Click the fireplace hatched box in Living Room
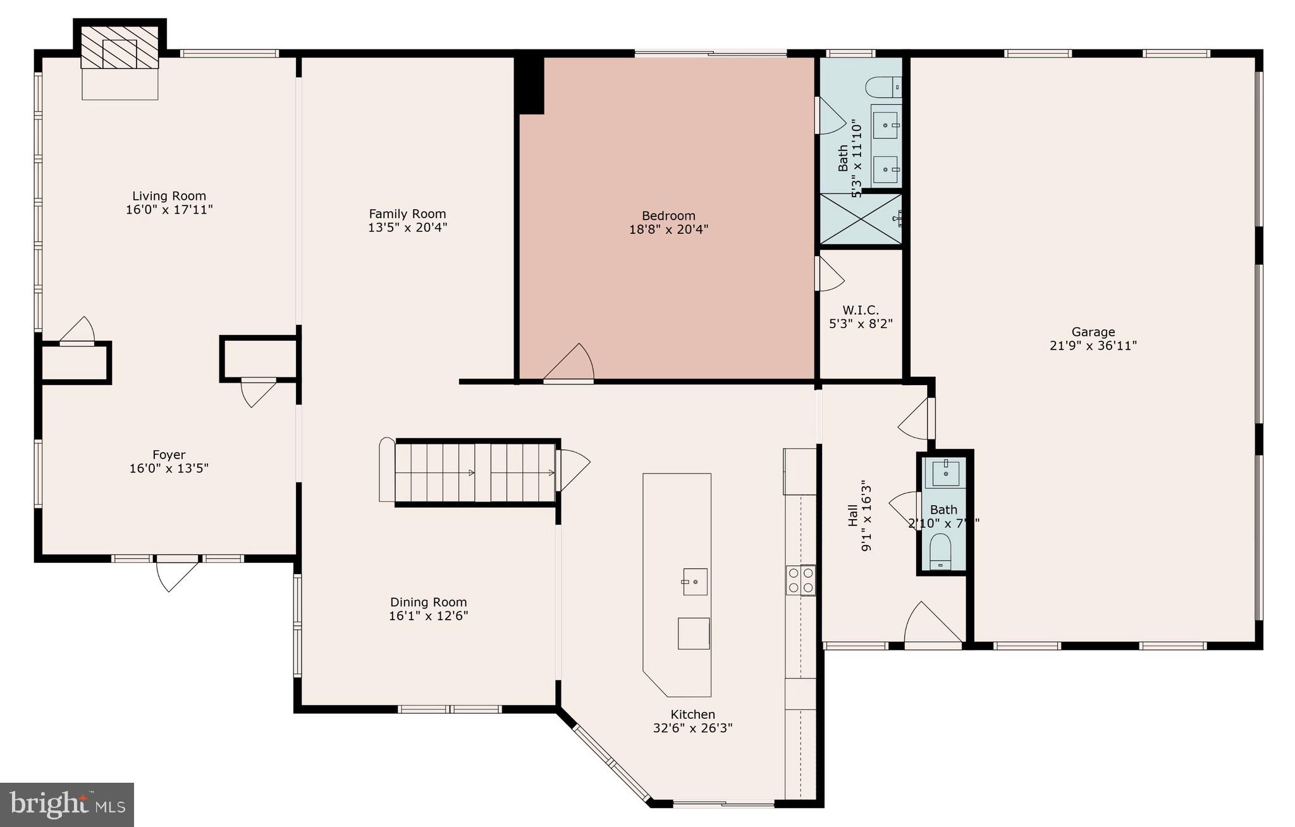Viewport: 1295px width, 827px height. coord(120,47)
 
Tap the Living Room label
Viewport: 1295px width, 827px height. coord(169,196)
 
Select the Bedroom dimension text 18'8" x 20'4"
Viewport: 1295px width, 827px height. coord(668,230)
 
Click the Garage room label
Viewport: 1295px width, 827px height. coord(1093,332)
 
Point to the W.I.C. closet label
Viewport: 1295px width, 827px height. coord(860,310)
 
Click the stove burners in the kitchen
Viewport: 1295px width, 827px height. coord(801,580)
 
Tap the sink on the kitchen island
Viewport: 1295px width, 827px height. coord(695,581)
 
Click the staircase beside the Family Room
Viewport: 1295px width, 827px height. coord(474,472)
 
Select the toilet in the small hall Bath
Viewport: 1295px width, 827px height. coord(941,552)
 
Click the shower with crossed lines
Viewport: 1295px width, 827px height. coord(860,219)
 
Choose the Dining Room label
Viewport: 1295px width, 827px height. coord(428,603)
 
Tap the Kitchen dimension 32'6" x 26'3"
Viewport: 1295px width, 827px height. coord(692,728)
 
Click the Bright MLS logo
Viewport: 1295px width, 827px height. coord(67,804)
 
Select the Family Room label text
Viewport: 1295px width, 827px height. coord(407,214)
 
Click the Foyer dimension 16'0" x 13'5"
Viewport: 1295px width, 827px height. coord(169,469)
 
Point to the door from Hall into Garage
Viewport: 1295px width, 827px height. coord(916,419)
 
